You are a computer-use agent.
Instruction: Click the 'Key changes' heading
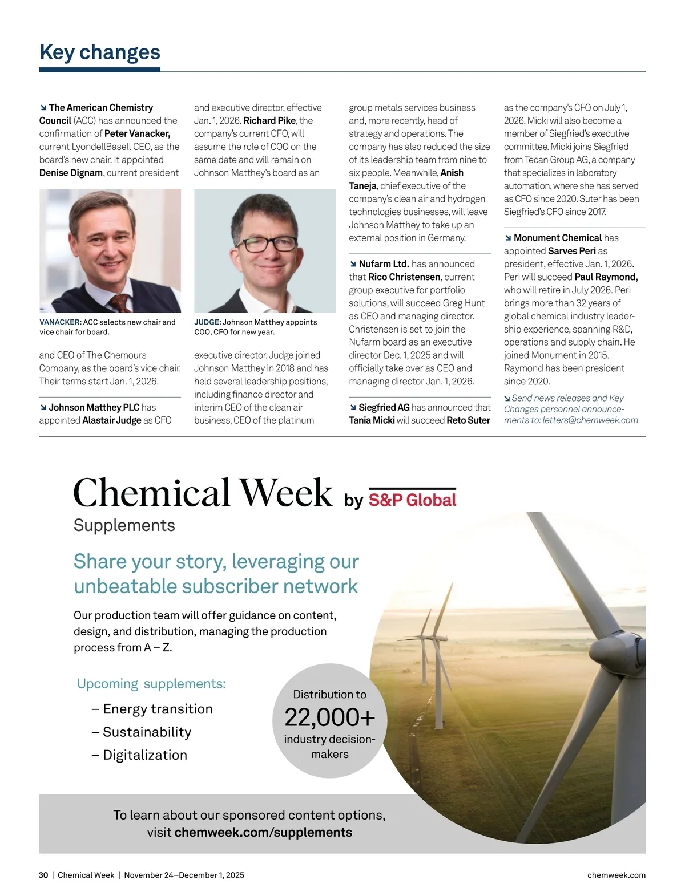pos(100,52)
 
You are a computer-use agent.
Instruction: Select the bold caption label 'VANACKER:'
pos(61,322)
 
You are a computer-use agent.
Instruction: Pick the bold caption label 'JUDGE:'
pos(207,322)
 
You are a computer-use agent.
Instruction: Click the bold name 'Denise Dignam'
pos(71,173)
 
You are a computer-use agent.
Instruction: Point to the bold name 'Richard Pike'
pos(269,121)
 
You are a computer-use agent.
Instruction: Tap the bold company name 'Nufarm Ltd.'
pos(384,264)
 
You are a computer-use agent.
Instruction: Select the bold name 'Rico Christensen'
pos(404,277)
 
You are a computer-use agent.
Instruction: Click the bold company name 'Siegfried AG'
pos(384,407)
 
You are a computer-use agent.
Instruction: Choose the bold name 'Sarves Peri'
pos(572,251)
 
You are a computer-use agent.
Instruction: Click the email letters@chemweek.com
pos(590,420)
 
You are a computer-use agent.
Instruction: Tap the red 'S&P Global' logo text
pos(412,500)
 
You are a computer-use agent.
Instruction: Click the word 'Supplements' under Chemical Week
pos(124,525)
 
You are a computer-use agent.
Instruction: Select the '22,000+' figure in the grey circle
pos(329,717)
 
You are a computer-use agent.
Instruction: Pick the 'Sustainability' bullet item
pos(147,732)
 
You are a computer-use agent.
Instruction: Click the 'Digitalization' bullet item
pos(145,755)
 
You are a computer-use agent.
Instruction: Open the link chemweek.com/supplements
pos(263,833)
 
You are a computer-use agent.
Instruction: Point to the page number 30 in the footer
pos(43,875)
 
